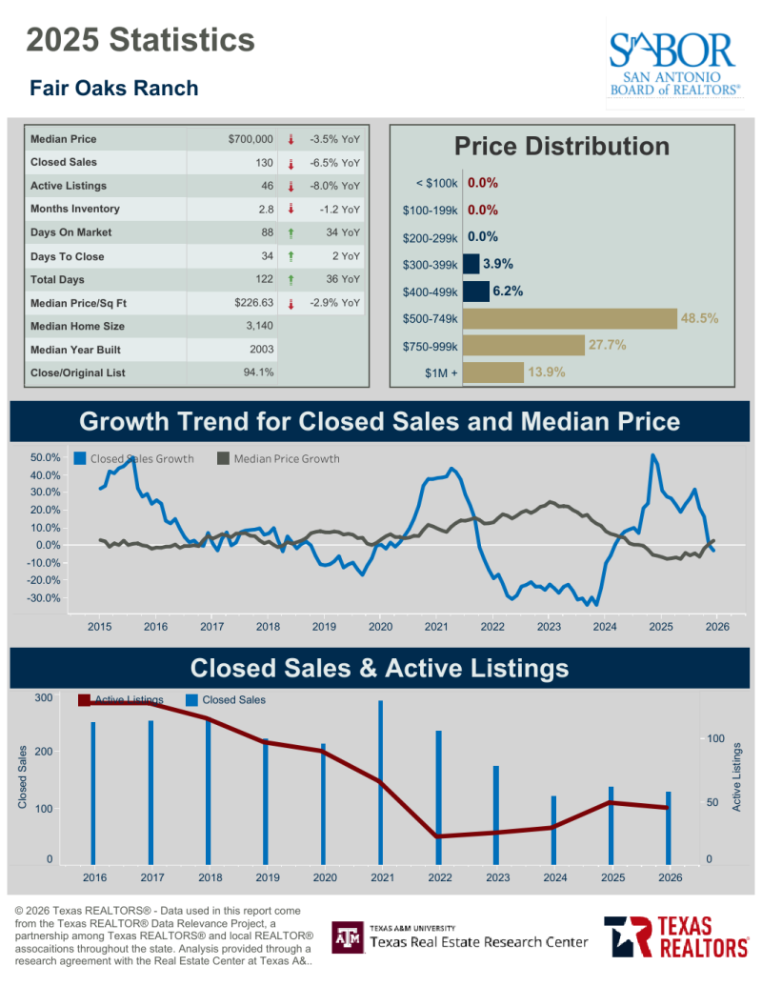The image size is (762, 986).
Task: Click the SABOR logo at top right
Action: (674, 63)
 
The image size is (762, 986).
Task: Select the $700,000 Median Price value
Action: (251, 139)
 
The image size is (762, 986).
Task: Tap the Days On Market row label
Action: (71, 232)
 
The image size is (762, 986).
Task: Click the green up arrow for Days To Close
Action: (291, 256)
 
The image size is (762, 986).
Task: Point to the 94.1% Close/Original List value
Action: (258, 372)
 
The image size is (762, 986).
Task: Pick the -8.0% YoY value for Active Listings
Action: (334, 186)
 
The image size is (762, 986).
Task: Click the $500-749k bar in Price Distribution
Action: (570, 319)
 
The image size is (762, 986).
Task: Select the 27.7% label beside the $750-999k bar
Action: (608, 345)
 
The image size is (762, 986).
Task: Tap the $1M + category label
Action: (441, 372)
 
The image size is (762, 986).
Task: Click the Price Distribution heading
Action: (562, 146)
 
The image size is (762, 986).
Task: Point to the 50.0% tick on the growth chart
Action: (46, 457)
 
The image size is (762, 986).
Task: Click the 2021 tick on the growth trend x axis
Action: (436, 626)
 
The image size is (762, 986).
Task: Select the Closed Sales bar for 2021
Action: (381, 781)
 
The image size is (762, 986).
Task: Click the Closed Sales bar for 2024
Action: (553, 829)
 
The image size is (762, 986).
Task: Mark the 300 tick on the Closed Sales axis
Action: (44, 697)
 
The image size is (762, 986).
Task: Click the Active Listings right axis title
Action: (736, 777)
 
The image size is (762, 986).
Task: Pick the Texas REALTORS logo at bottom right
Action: (676, 936)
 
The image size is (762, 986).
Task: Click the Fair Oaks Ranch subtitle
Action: (114, 88)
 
